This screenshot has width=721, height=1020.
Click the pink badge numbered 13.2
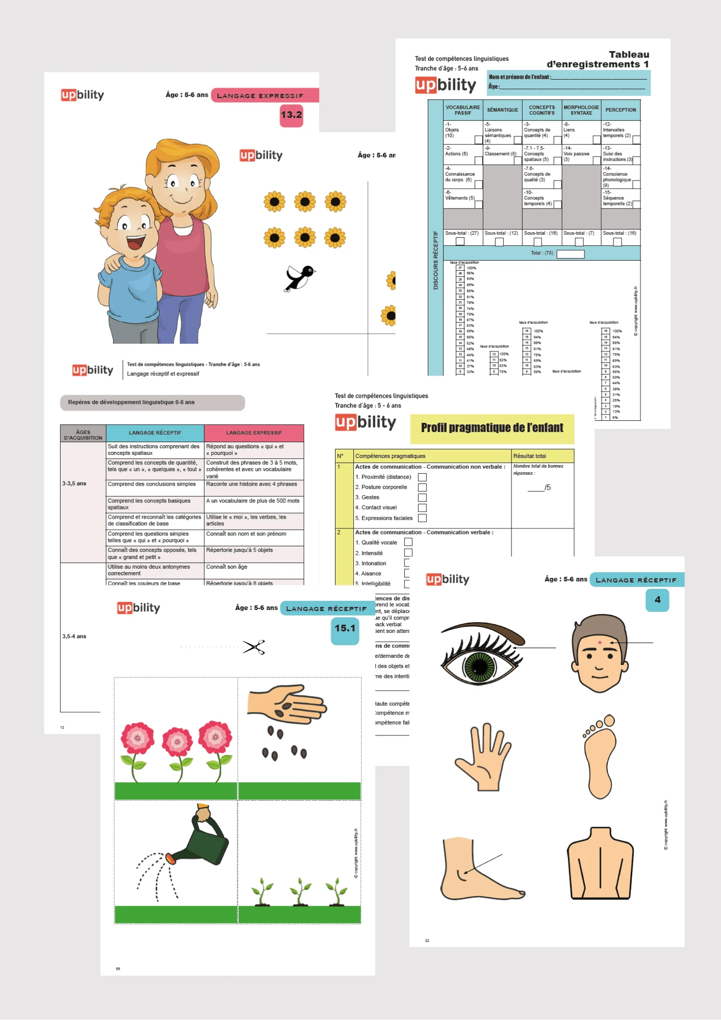(x=291, y=115)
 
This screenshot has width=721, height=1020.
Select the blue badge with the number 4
(x=657, y=600)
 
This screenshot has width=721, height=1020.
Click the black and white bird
(x=300, y=277)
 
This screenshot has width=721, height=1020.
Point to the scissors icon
(x=254, y=647)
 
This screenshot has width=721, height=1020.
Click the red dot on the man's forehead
(x=600, y=643)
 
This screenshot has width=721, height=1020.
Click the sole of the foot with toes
(x=599, y=757)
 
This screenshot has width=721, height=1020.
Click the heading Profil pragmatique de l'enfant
(x=492, y=428)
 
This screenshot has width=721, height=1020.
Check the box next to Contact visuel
(x=422, y=507)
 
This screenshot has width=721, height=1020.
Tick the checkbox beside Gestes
(x=422, y=497)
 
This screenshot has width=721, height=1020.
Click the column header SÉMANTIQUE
(x=502, y=110)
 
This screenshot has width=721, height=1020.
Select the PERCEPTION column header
(x=621, y=110)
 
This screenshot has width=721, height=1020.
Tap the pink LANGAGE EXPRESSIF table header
(x=254, y=433)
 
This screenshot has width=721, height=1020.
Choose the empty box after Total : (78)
(x=570, y=254)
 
